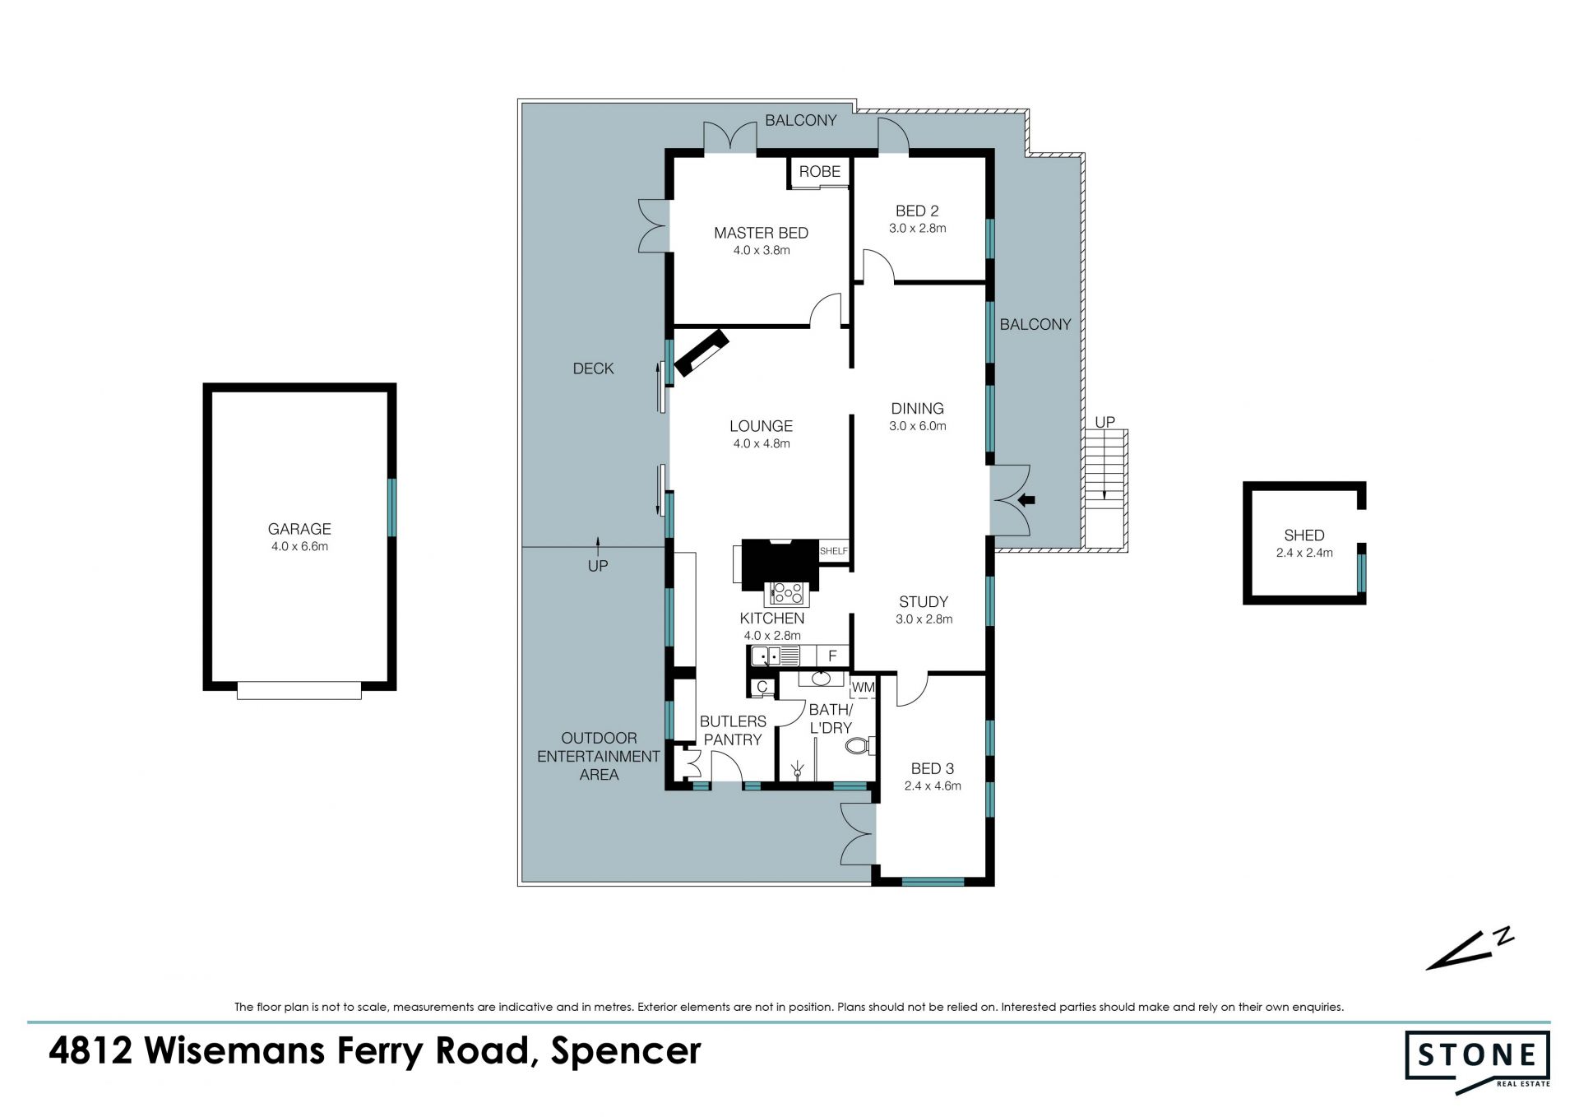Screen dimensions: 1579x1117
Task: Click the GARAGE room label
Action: click(x=299, y=529)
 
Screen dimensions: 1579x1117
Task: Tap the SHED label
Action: click(x=1304, y=535)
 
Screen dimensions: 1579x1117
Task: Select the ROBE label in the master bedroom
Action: click(x=820, y=171)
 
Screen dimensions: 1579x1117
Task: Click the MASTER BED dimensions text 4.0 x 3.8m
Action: click(x=762, y=250)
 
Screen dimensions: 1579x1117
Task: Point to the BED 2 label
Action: click(x=917, y=211)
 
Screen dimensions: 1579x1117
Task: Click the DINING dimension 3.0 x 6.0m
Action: click(x=918, y=426)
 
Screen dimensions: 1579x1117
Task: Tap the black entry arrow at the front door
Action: click(x=1026, y=499)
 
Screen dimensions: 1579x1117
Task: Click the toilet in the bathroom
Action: click(x=859, y=746)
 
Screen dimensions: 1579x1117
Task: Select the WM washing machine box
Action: click(x=863, y=687)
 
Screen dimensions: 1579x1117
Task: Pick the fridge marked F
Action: click(x=833, y=656)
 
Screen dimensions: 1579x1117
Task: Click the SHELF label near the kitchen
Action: click(x=833, y=551)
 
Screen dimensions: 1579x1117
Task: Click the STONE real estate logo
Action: click(x=1477, y=1062)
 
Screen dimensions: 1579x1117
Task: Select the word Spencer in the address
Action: click(x=626, y=1051)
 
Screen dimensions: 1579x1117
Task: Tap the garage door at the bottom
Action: click(x=299, y=689)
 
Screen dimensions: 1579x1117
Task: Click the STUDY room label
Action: click(x=924, y=601)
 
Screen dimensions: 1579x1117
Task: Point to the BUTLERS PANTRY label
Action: click(x=733, y=730)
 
